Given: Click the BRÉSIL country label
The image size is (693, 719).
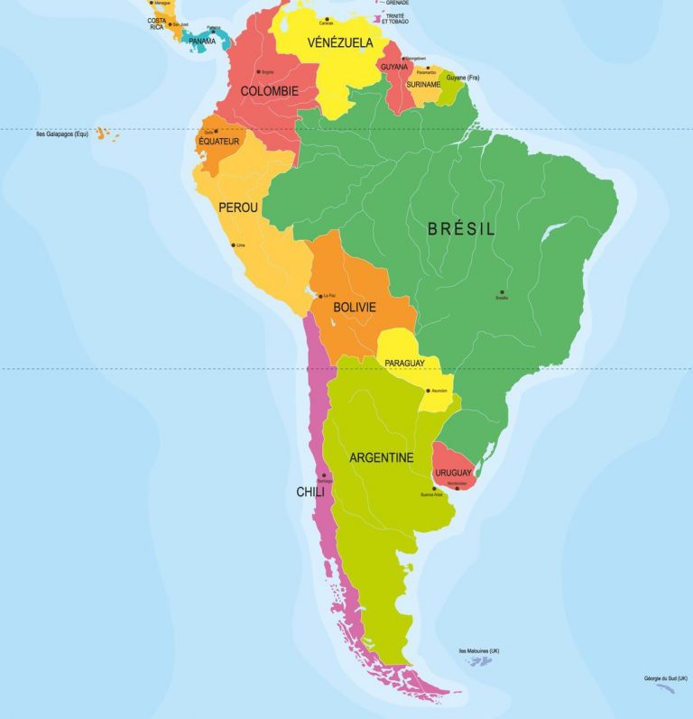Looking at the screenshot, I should point(461,229).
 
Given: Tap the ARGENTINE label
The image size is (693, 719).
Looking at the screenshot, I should point(381,457).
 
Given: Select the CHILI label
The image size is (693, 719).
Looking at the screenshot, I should point(310,492).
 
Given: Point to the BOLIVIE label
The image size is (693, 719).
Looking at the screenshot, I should point(354,308).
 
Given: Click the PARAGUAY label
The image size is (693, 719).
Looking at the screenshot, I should point(404,363).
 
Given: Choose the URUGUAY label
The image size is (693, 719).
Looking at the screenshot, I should point(453,473).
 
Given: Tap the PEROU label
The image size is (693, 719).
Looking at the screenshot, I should point(238,207).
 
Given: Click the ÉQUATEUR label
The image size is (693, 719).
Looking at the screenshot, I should point(218,142).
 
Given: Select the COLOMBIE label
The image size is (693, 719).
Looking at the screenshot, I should point(269,91).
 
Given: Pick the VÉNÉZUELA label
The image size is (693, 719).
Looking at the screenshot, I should point(340,42).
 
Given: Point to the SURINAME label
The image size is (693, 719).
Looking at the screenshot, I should point(423,84).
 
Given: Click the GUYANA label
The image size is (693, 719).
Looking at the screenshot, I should point(393,67).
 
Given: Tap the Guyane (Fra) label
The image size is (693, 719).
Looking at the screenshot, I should point(462,78).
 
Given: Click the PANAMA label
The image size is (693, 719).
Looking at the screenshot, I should point(202,41).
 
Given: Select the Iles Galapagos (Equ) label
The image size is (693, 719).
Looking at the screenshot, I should point(62,134).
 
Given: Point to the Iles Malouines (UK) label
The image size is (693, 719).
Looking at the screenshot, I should point(479,650).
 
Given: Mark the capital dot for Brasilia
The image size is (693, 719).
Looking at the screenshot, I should point(502,291).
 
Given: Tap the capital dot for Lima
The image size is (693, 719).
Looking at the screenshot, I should point(233,244).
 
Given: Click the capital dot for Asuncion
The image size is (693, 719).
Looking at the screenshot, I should point(428,391).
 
